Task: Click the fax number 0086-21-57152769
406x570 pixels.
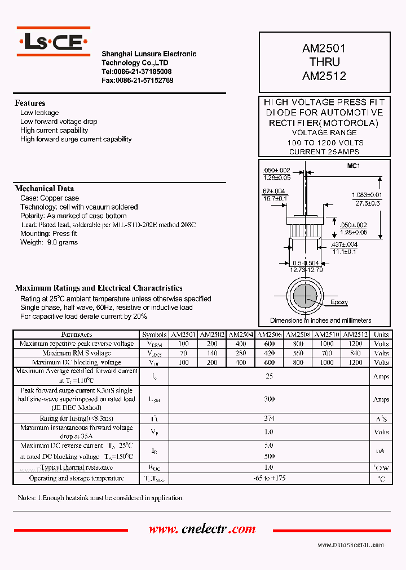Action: [137, 81]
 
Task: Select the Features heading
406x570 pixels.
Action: [30, 103]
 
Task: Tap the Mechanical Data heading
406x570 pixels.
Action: [45, 189]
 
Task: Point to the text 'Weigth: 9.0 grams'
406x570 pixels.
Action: [49, 242]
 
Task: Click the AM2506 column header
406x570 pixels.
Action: [270, 335]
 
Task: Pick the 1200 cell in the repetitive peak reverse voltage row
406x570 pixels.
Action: [355, 344]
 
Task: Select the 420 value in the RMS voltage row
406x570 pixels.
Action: [270, 353]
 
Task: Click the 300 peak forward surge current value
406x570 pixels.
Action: [270, 399]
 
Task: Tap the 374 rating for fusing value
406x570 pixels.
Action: [270, 418]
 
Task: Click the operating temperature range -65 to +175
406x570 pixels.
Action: [270, 478]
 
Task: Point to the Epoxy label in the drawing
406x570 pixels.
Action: [339, 302]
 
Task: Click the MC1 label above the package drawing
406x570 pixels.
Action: [354, 166]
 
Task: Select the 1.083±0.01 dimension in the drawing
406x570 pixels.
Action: [366, 195]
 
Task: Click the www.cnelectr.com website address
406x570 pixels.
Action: [202, 529]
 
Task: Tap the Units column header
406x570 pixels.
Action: [381, 335]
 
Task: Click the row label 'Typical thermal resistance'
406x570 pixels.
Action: [76, 467]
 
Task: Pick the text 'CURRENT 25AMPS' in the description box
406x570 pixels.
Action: [324, 152]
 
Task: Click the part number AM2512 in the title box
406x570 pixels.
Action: [324, 76]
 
